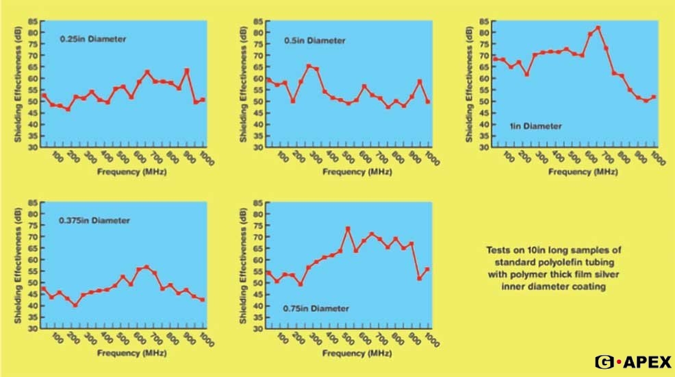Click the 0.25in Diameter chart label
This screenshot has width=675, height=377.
(x=92, y=39)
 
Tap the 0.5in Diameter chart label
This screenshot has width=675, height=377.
(x=315, y=40)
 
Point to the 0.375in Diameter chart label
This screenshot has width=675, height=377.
(x=94, y=220)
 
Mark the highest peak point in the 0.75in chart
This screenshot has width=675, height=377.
(x=348, y=228)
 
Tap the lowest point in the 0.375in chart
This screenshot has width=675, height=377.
(x=75, y=305)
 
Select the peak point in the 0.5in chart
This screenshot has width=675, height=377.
(x=309, y=66)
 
